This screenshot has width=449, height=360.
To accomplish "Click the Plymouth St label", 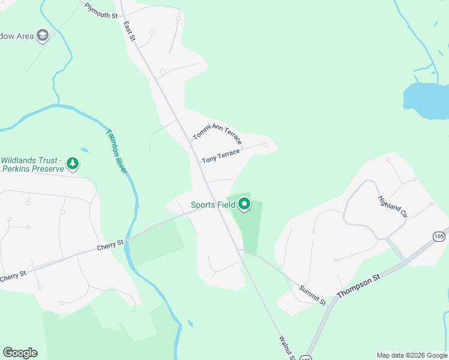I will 101,11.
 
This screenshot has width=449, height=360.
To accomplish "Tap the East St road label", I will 130,31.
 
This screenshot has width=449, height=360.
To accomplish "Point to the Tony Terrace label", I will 220,156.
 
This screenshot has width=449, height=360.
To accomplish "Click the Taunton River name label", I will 117,151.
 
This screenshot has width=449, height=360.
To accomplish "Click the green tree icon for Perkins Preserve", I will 73,163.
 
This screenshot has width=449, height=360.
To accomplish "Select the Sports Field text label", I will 213,205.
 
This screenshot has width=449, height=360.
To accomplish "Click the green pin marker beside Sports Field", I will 244,205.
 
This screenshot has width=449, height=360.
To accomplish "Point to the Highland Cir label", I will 393,206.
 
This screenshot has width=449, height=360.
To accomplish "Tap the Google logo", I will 20,352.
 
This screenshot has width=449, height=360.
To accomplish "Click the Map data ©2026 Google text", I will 412,355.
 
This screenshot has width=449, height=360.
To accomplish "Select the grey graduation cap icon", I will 43,36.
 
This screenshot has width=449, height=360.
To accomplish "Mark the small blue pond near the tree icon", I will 84,150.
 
